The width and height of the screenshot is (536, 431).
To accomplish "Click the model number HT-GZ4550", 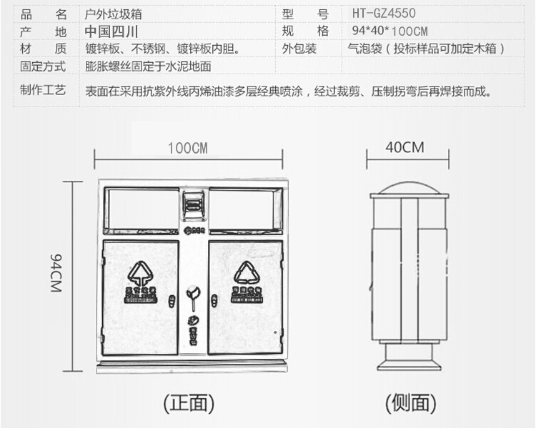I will coord(384,13).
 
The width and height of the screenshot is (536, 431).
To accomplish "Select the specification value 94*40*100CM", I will coord(389,31).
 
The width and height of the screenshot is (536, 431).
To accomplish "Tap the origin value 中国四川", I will coord(111,31).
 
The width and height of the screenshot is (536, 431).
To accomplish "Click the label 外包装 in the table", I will coord(299,49).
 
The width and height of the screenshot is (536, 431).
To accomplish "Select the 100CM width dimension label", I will coord(187,148).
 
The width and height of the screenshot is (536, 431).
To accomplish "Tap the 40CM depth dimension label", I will coord(405,148).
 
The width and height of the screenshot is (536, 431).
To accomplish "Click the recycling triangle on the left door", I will coord(141,273).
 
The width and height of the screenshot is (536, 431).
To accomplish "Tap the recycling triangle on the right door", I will coord(247,273).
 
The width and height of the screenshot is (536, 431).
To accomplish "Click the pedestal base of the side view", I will coord(408,360).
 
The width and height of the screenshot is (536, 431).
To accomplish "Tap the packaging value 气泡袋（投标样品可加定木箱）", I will coord(426,49).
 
